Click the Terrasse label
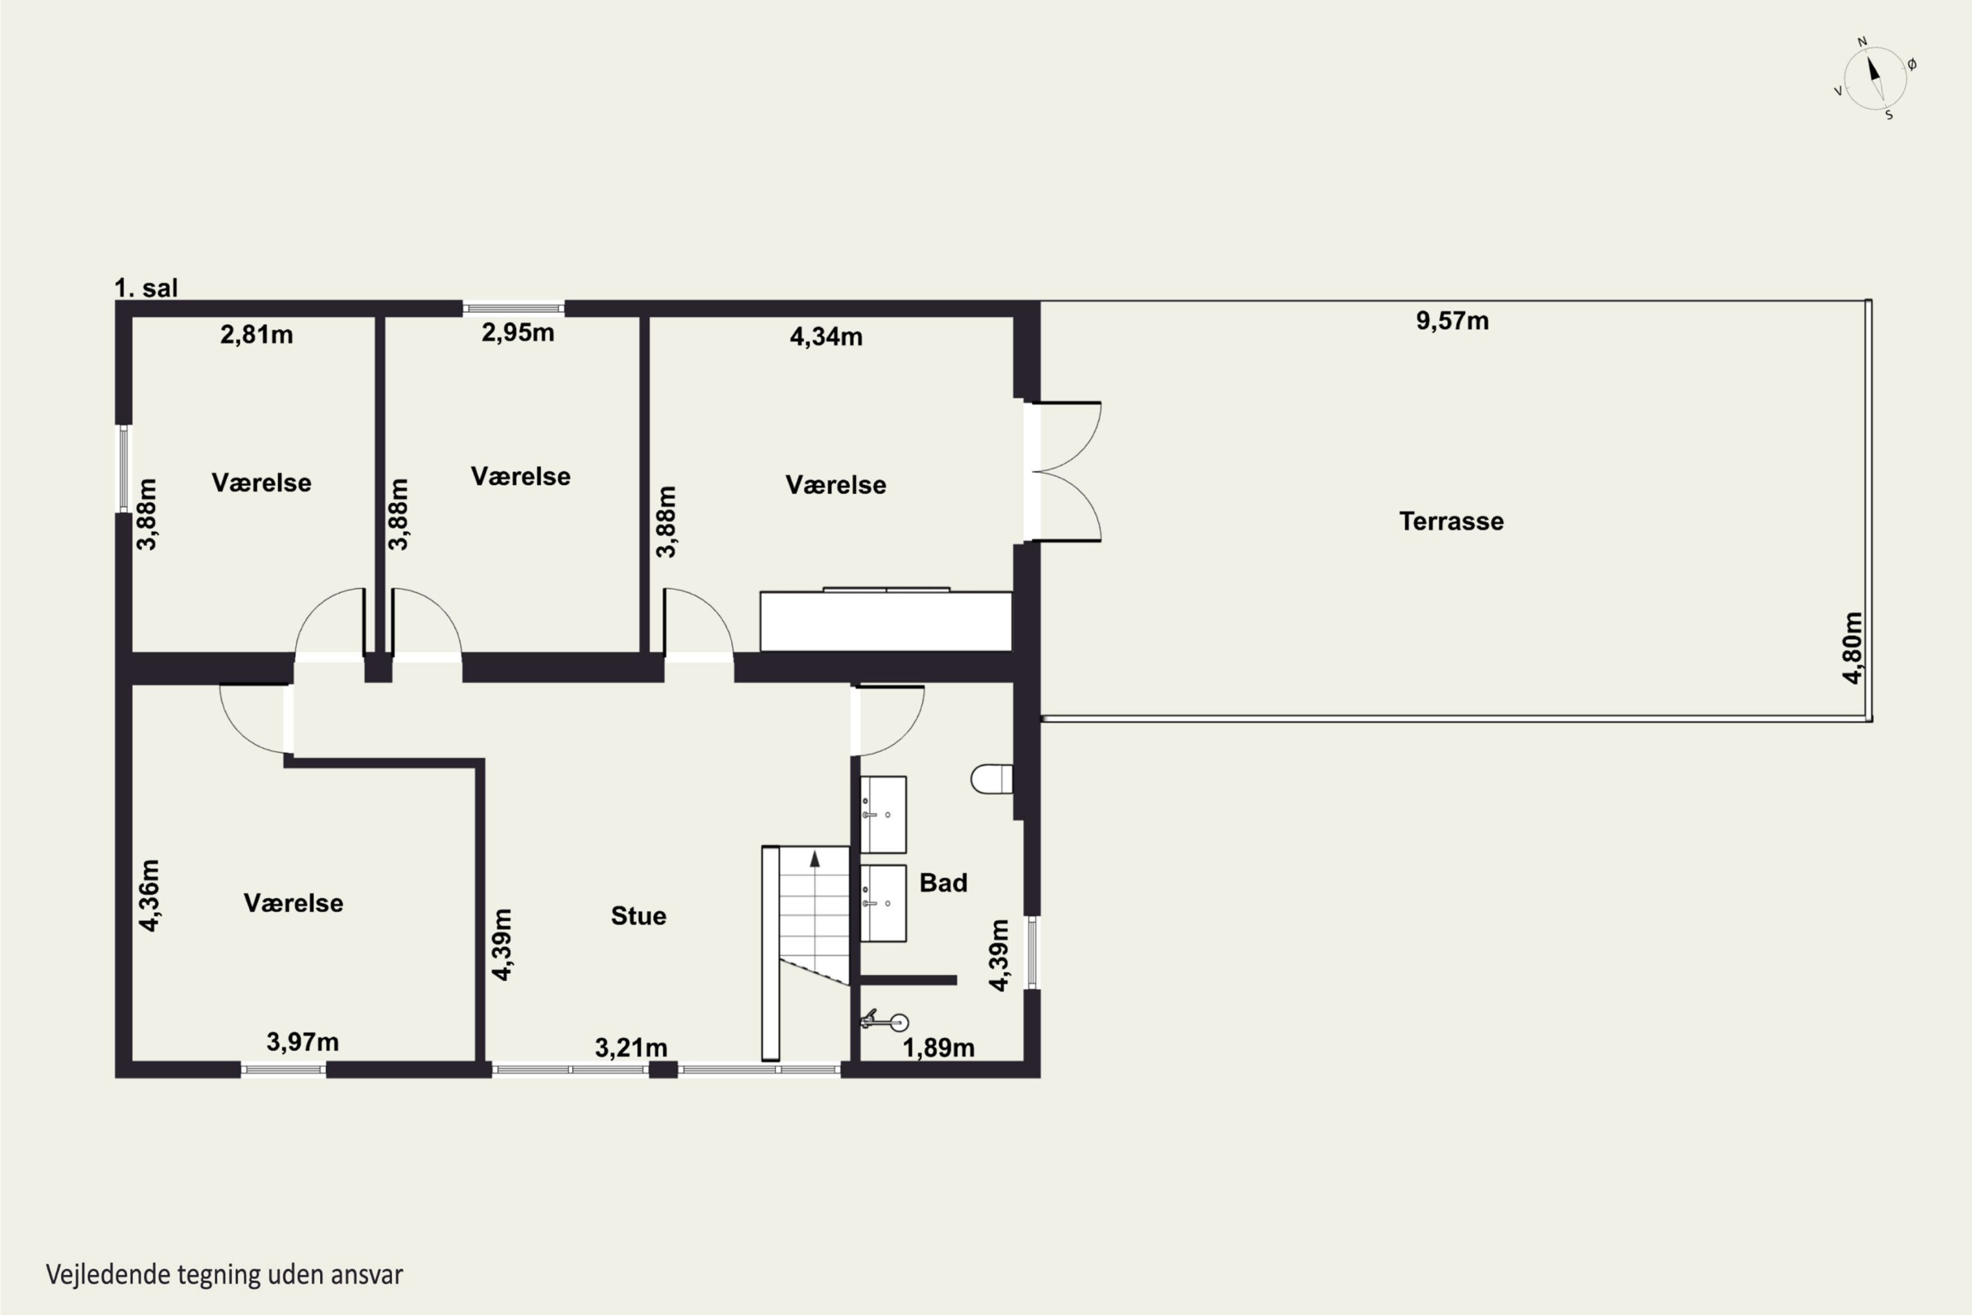[x=1451, y=521]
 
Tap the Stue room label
[x=638, y=916]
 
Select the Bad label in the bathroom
[x=943, y=882]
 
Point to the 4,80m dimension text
[x=1852, y=648]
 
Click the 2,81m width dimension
[x=256, y=335]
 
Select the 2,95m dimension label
[x=517, y=332]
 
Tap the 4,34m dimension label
[x=826, y=336]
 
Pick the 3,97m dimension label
[x=302, y=1041]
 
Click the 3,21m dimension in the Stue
[x=631, y=1047]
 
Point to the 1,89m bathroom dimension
[x=938, y=1047]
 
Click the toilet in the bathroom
[x=992, y=779]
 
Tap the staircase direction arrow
[x=814, y=859]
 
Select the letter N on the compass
[x=1862, y=41]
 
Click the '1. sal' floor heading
[x=146, y=288]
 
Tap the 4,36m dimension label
[x=149, y=895]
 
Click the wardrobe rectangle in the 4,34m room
[x=886, y=621]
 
